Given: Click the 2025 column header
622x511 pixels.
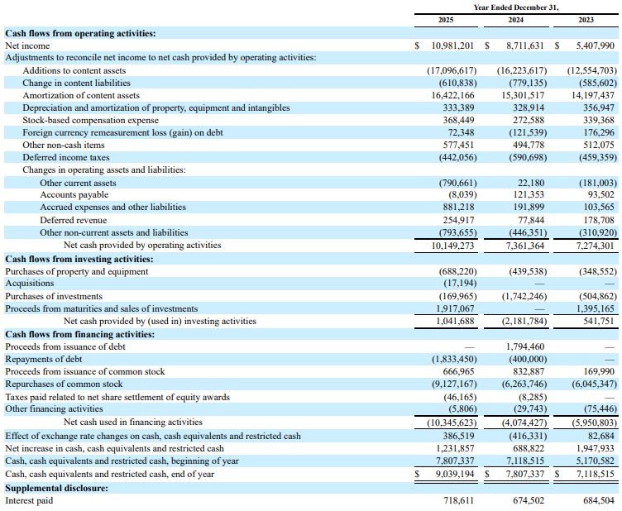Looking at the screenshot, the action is (x=446, y=20).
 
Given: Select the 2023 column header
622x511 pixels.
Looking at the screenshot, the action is (x=586, y=20).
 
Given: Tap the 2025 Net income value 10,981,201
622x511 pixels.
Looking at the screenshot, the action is (x=452, y=45).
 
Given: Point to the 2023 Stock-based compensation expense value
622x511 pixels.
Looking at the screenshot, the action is (x=599, y=120).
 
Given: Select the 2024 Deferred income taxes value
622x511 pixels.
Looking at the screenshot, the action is (x=528, y=157).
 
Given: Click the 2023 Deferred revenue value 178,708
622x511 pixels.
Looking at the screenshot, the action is (x=599, y=220).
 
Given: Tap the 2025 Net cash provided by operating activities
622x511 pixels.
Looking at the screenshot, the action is (x=452, y=246).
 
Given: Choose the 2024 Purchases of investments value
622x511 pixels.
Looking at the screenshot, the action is (x=522, y=296).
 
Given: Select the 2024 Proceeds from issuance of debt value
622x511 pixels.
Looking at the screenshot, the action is (x=525, y=346).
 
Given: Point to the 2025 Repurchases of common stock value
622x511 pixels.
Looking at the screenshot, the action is (x=454, y=384).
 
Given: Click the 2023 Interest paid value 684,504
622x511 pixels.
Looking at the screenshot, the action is (x=599, y=500).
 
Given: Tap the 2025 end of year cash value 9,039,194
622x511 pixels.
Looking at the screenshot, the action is (x=455, y=474).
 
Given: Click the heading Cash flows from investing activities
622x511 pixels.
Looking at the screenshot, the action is (x=79, y=260).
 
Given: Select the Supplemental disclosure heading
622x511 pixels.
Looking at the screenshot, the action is (x=56, y=488).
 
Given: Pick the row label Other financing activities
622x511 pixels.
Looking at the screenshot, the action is (x=54, y=408).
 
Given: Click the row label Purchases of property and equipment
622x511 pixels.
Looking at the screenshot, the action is (x=77, y=271).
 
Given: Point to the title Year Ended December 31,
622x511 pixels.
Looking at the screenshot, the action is (x=515, y=7).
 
